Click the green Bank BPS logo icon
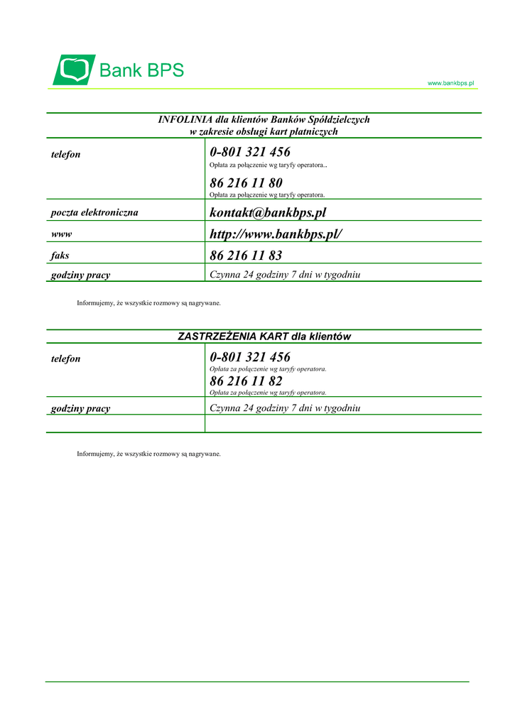74,70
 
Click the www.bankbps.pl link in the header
450,83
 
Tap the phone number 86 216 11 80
246,183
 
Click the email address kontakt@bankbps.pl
268,213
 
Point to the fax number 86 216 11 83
246,256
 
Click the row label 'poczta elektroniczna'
94,212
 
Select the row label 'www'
61,234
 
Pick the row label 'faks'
60,255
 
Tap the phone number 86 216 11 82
246,381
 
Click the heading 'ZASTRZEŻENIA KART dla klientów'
264,337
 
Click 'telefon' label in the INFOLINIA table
66,155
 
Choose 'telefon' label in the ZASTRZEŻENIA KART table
66,359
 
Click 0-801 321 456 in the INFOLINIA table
250,152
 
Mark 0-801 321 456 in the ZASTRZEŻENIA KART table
250,357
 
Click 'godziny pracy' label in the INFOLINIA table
80,275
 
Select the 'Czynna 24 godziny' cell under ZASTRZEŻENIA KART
285,408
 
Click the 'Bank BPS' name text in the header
141,70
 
